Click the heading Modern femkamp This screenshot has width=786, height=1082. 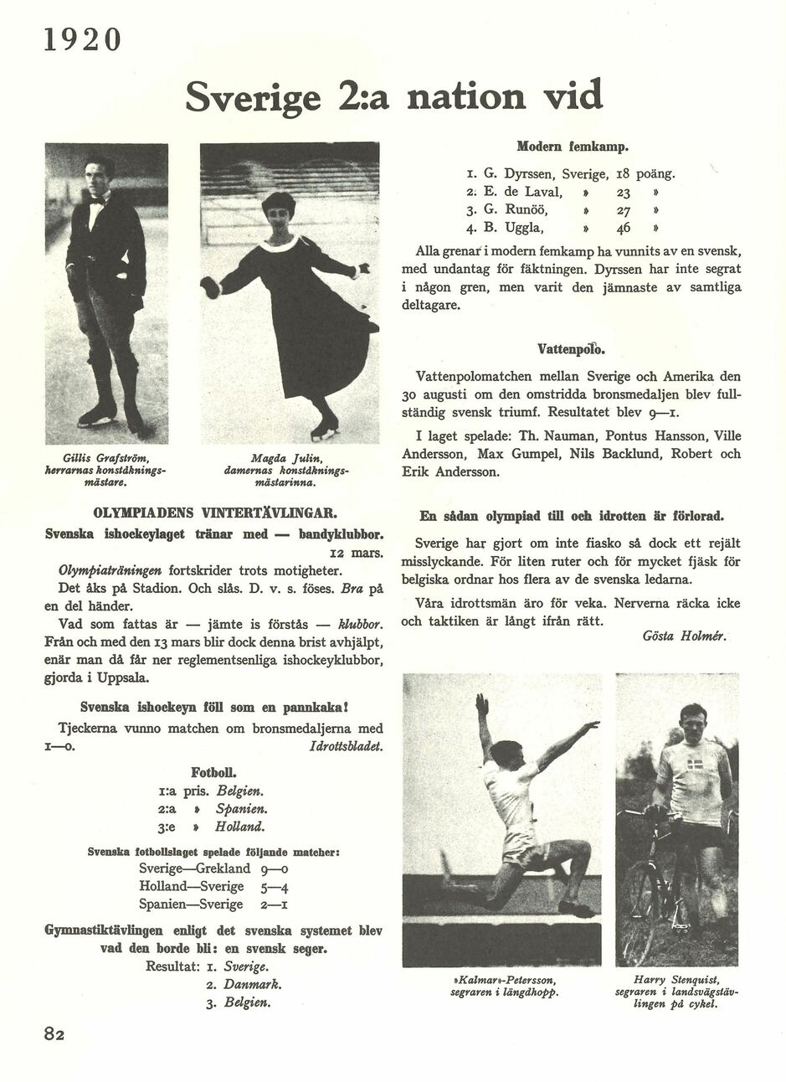click(x=572, y=147)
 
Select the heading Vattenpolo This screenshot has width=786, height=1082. click(x=572, y=348)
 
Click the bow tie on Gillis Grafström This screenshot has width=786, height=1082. click(x=100, y=201)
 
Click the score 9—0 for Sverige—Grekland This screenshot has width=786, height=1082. click(x=276, y=868)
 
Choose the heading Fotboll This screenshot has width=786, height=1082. click(x=213, y=771)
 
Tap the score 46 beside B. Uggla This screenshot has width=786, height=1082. click(x=623, y=227)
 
